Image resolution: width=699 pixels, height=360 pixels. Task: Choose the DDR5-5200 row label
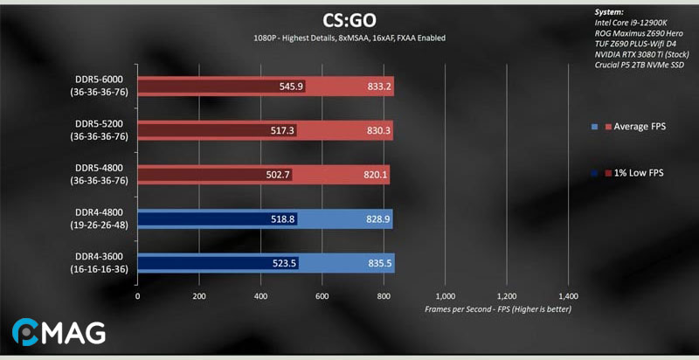[x=100, y=130]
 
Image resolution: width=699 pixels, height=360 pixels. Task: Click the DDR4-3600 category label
[x=100, y=262]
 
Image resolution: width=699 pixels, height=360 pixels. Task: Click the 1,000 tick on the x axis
[x=446, y=295]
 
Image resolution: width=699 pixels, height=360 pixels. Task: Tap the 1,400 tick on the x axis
[x=568, y=295]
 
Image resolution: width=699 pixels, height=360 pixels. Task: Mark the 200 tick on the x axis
[x=199, y=295]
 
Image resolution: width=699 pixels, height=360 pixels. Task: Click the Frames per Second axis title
[x=497, y=309]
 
